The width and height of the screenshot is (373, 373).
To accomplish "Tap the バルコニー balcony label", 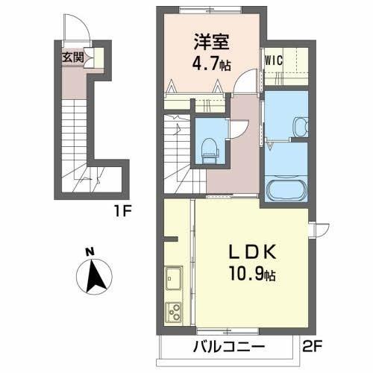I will coord(227,348).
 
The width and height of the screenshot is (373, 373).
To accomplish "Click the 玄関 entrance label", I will coord(72,57).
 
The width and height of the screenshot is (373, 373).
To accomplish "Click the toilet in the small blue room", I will coord(209,147).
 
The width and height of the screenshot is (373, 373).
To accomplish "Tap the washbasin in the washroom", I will coord(301,126).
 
